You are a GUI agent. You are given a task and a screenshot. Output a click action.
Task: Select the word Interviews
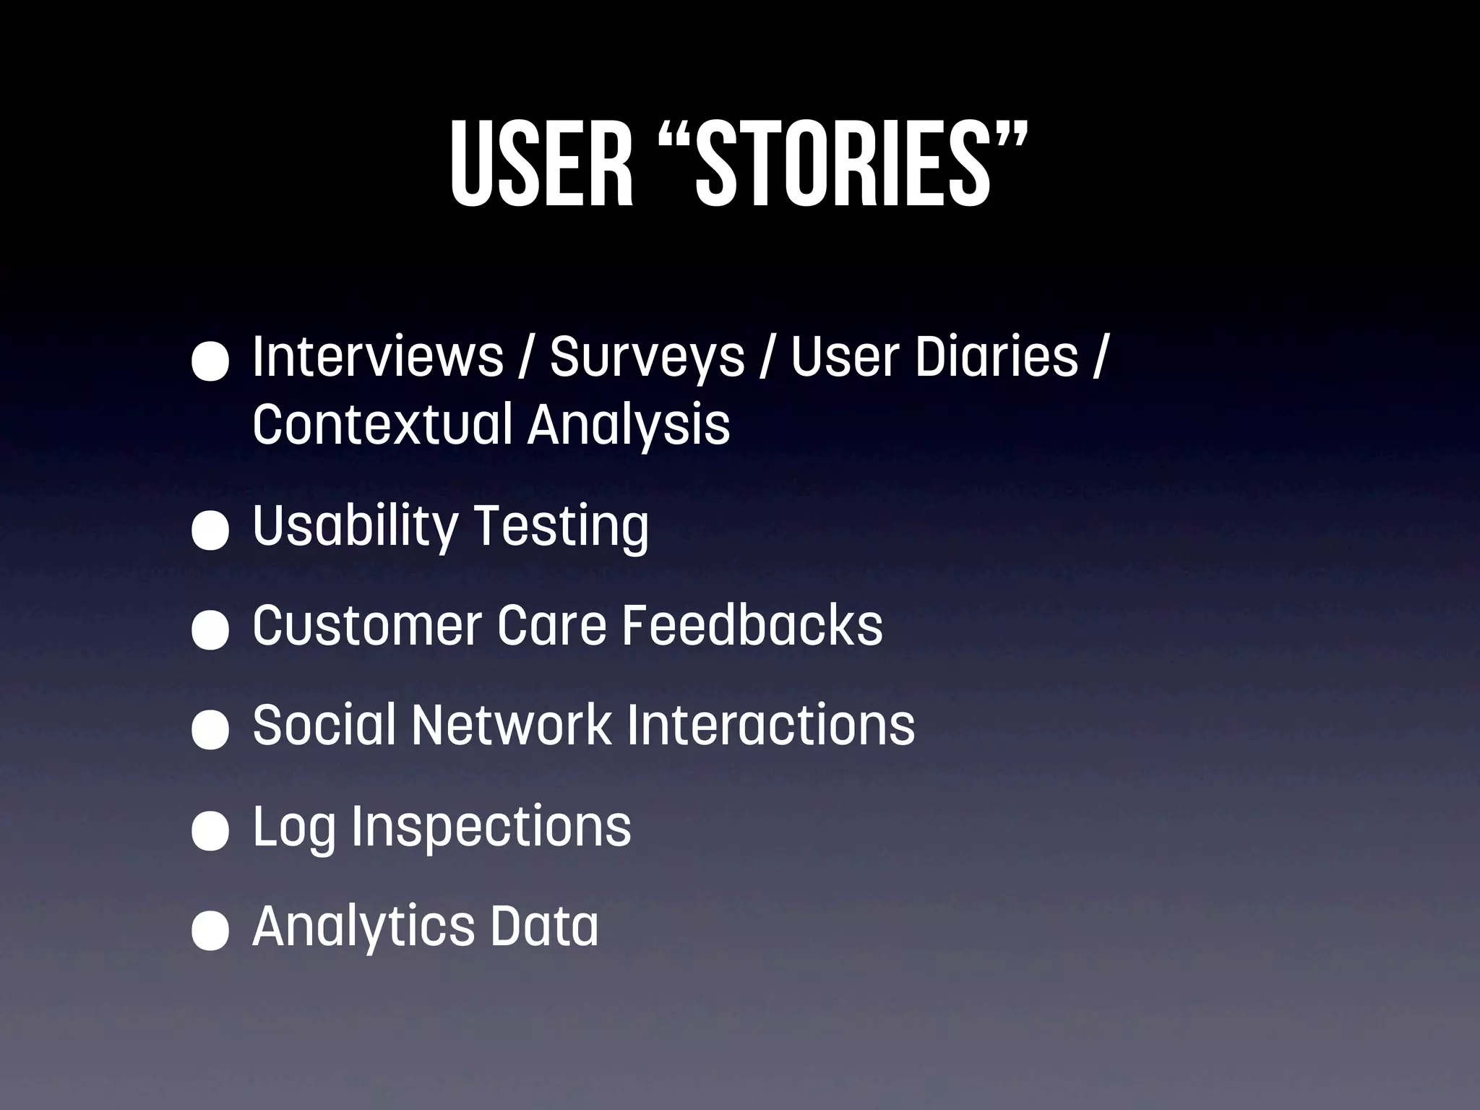coord(377,357)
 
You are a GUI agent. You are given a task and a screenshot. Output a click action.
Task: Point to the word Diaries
coord(997,357)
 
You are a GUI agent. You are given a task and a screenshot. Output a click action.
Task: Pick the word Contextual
coord(382,424)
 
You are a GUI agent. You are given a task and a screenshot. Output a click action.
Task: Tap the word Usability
coord(354,527)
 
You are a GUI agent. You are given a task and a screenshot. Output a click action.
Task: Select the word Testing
coord(562,527)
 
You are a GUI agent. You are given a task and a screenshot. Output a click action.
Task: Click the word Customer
coord(367,625)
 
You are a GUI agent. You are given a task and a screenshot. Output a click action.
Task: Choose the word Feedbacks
coord(752,625)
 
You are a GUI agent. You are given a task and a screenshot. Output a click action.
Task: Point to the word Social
coord(324,725)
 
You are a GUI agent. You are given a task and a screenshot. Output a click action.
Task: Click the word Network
coord(512,725)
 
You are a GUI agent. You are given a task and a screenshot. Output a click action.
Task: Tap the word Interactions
coord(770,725)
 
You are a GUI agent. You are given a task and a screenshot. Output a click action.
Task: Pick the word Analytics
coord(363,927)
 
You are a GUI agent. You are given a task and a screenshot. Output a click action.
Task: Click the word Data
coord(545,926)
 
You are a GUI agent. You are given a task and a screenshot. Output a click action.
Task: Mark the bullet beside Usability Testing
coord(210,530)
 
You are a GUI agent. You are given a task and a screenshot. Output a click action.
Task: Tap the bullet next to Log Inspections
coord(210,830)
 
